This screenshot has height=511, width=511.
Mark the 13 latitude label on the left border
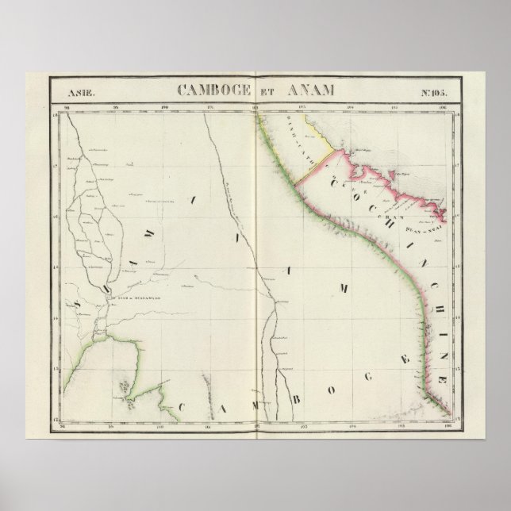(x=56, y=368)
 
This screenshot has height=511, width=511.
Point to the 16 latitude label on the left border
(x=56, y=214)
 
